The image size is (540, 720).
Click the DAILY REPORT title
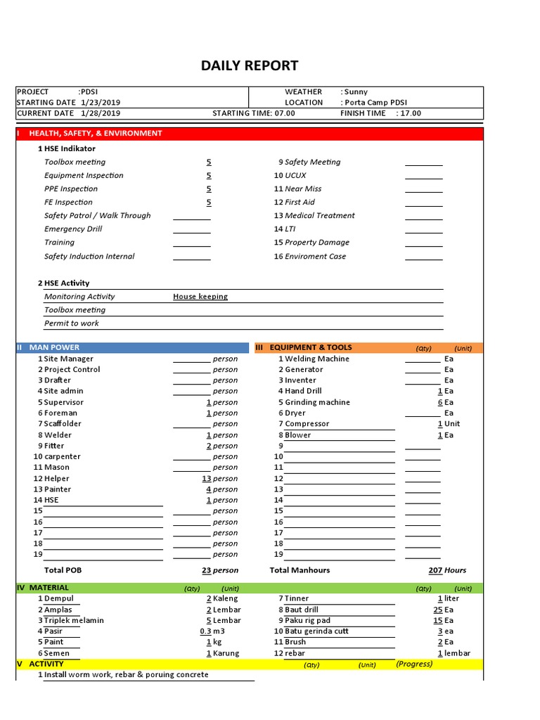[x=250, y=66]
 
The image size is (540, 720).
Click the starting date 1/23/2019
[x=101, y=102]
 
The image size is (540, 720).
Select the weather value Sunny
[x=356, y=91]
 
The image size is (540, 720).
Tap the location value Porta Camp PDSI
[x=376, y=102]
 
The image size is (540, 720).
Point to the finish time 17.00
[x=411, y=113]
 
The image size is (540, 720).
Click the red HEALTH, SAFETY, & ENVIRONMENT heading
[x=96, y=133]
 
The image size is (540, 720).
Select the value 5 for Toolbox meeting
[x=209, y=162]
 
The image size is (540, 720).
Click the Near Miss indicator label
[x=303, y=189]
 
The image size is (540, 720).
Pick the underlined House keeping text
[x=200, y=297]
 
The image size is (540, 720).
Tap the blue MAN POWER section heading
[x=54, y=347]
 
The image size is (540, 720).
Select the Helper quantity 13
[x=207, y=479]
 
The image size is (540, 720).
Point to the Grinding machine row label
[x=317, y=402]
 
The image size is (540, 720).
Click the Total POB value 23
[x=207, y=570]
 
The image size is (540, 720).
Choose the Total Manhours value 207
[x=435, y=570]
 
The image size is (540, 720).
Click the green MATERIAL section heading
[x=49, y=588]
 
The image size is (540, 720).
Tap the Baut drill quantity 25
[x=437, y=610]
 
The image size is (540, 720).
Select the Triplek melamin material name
[x=74, y=620]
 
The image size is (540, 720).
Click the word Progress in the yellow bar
[x=414, y=664]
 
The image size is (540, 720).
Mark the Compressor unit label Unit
[x=452, y=424]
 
